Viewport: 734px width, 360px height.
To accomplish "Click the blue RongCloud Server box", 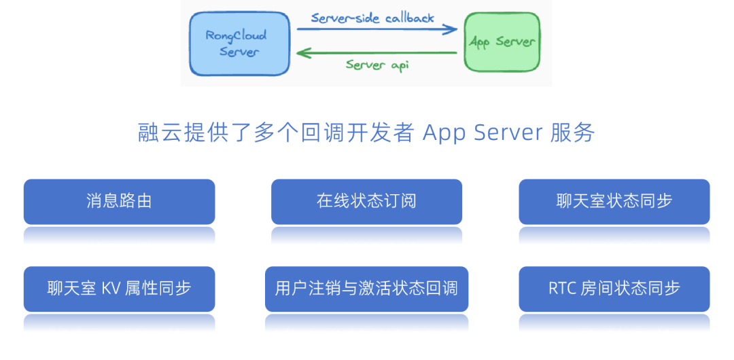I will [x=230, y=43].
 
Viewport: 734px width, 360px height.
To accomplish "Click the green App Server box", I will [x=502, y=42].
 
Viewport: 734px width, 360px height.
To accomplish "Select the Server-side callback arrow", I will [x=377, y=29].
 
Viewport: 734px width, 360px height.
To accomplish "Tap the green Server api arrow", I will [x=377, y=52].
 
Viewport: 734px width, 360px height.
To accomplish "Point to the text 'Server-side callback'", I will [x=372, y=18].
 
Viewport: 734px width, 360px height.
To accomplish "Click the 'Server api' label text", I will [x=377, y=65].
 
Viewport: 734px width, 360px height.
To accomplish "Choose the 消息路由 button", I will [x=119, y=201].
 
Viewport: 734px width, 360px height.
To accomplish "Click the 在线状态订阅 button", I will [x=366, y=201].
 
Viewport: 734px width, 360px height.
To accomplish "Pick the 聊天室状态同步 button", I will [x=614, y=201].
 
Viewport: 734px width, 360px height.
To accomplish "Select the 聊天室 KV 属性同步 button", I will [x=119, y=288].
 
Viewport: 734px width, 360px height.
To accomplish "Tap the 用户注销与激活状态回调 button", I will [x=366, y=288].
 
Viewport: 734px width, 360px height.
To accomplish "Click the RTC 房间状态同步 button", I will [x=614, y=288].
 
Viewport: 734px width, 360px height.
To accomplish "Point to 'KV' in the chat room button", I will [x=111, y=288].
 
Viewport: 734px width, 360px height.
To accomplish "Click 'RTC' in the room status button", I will [x=562, y=288].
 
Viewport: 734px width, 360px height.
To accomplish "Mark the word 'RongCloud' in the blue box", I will [x=236, y=35].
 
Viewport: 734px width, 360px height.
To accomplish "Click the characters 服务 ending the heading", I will [x=572, y=132].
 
